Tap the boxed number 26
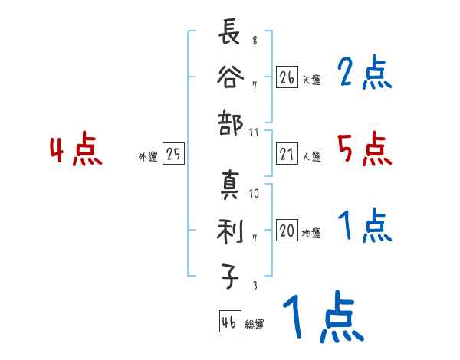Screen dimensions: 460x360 pyautogui.click(x=287, y=77)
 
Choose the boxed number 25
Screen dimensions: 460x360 pyautogui.click(x=173, y=155)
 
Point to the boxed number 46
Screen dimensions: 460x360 pyautogui.click(x=228, y=323)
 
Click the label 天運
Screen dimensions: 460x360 pyautogui.click(x=311, y=80)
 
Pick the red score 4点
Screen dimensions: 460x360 pyautogui.click(x=75, y=150)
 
